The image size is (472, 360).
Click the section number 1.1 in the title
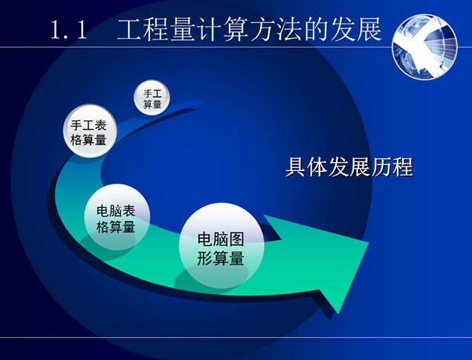coord(68,31)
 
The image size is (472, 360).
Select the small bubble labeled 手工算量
coord(152,100)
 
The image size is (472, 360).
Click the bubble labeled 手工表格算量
coord(88,132)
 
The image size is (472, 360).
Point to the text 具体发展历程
coord(349,167)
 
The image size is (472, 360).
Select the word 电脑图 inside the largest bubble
coord(220,240)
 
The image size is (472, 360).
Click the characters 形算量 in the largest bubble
coord(220,259)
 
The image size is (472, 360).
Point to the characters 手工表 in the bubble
coord(88,125)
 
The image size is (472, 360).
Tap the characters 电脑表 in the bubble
coord(116,210)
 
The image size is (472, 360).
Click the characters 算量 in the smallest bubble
coord(152,105)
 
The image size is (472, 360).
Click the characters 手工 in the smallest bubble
coord(152,94)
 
